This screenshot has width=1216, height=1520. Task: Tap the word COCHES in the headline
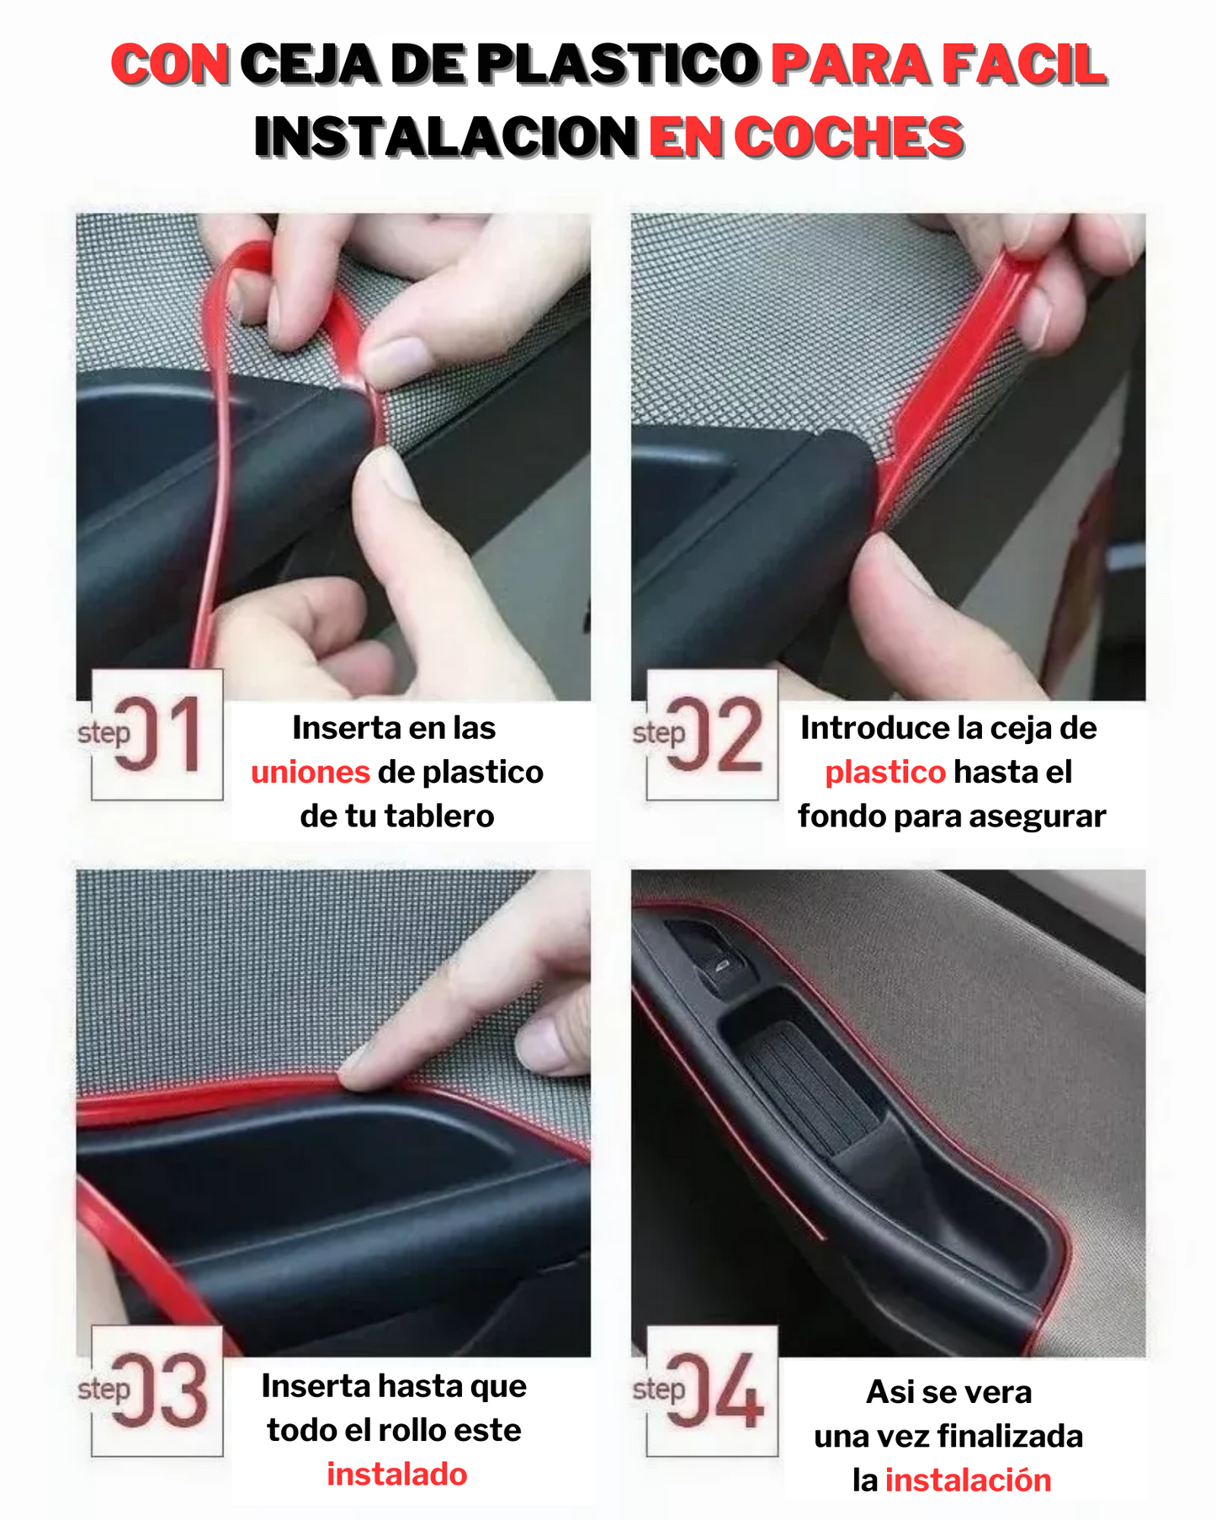(x=849, y=137)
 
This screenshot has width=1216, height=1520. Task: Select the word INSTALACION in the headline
(x=446, y=137)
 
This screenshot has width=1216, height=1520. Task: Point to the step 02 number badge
(x=713, y=734)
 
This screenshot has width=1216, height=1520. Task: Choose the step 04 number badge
(x=713, y=1390)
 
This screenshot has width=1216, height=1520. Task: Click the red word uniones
(x=311, y=772)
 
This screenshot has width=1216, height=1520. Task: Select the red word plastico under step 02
(x=885, y=773)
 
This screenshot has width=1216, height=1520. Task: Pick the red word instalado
(x=397, y=1474)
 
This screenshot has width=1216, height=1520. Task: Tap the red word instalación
(x=969, y=1480)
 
